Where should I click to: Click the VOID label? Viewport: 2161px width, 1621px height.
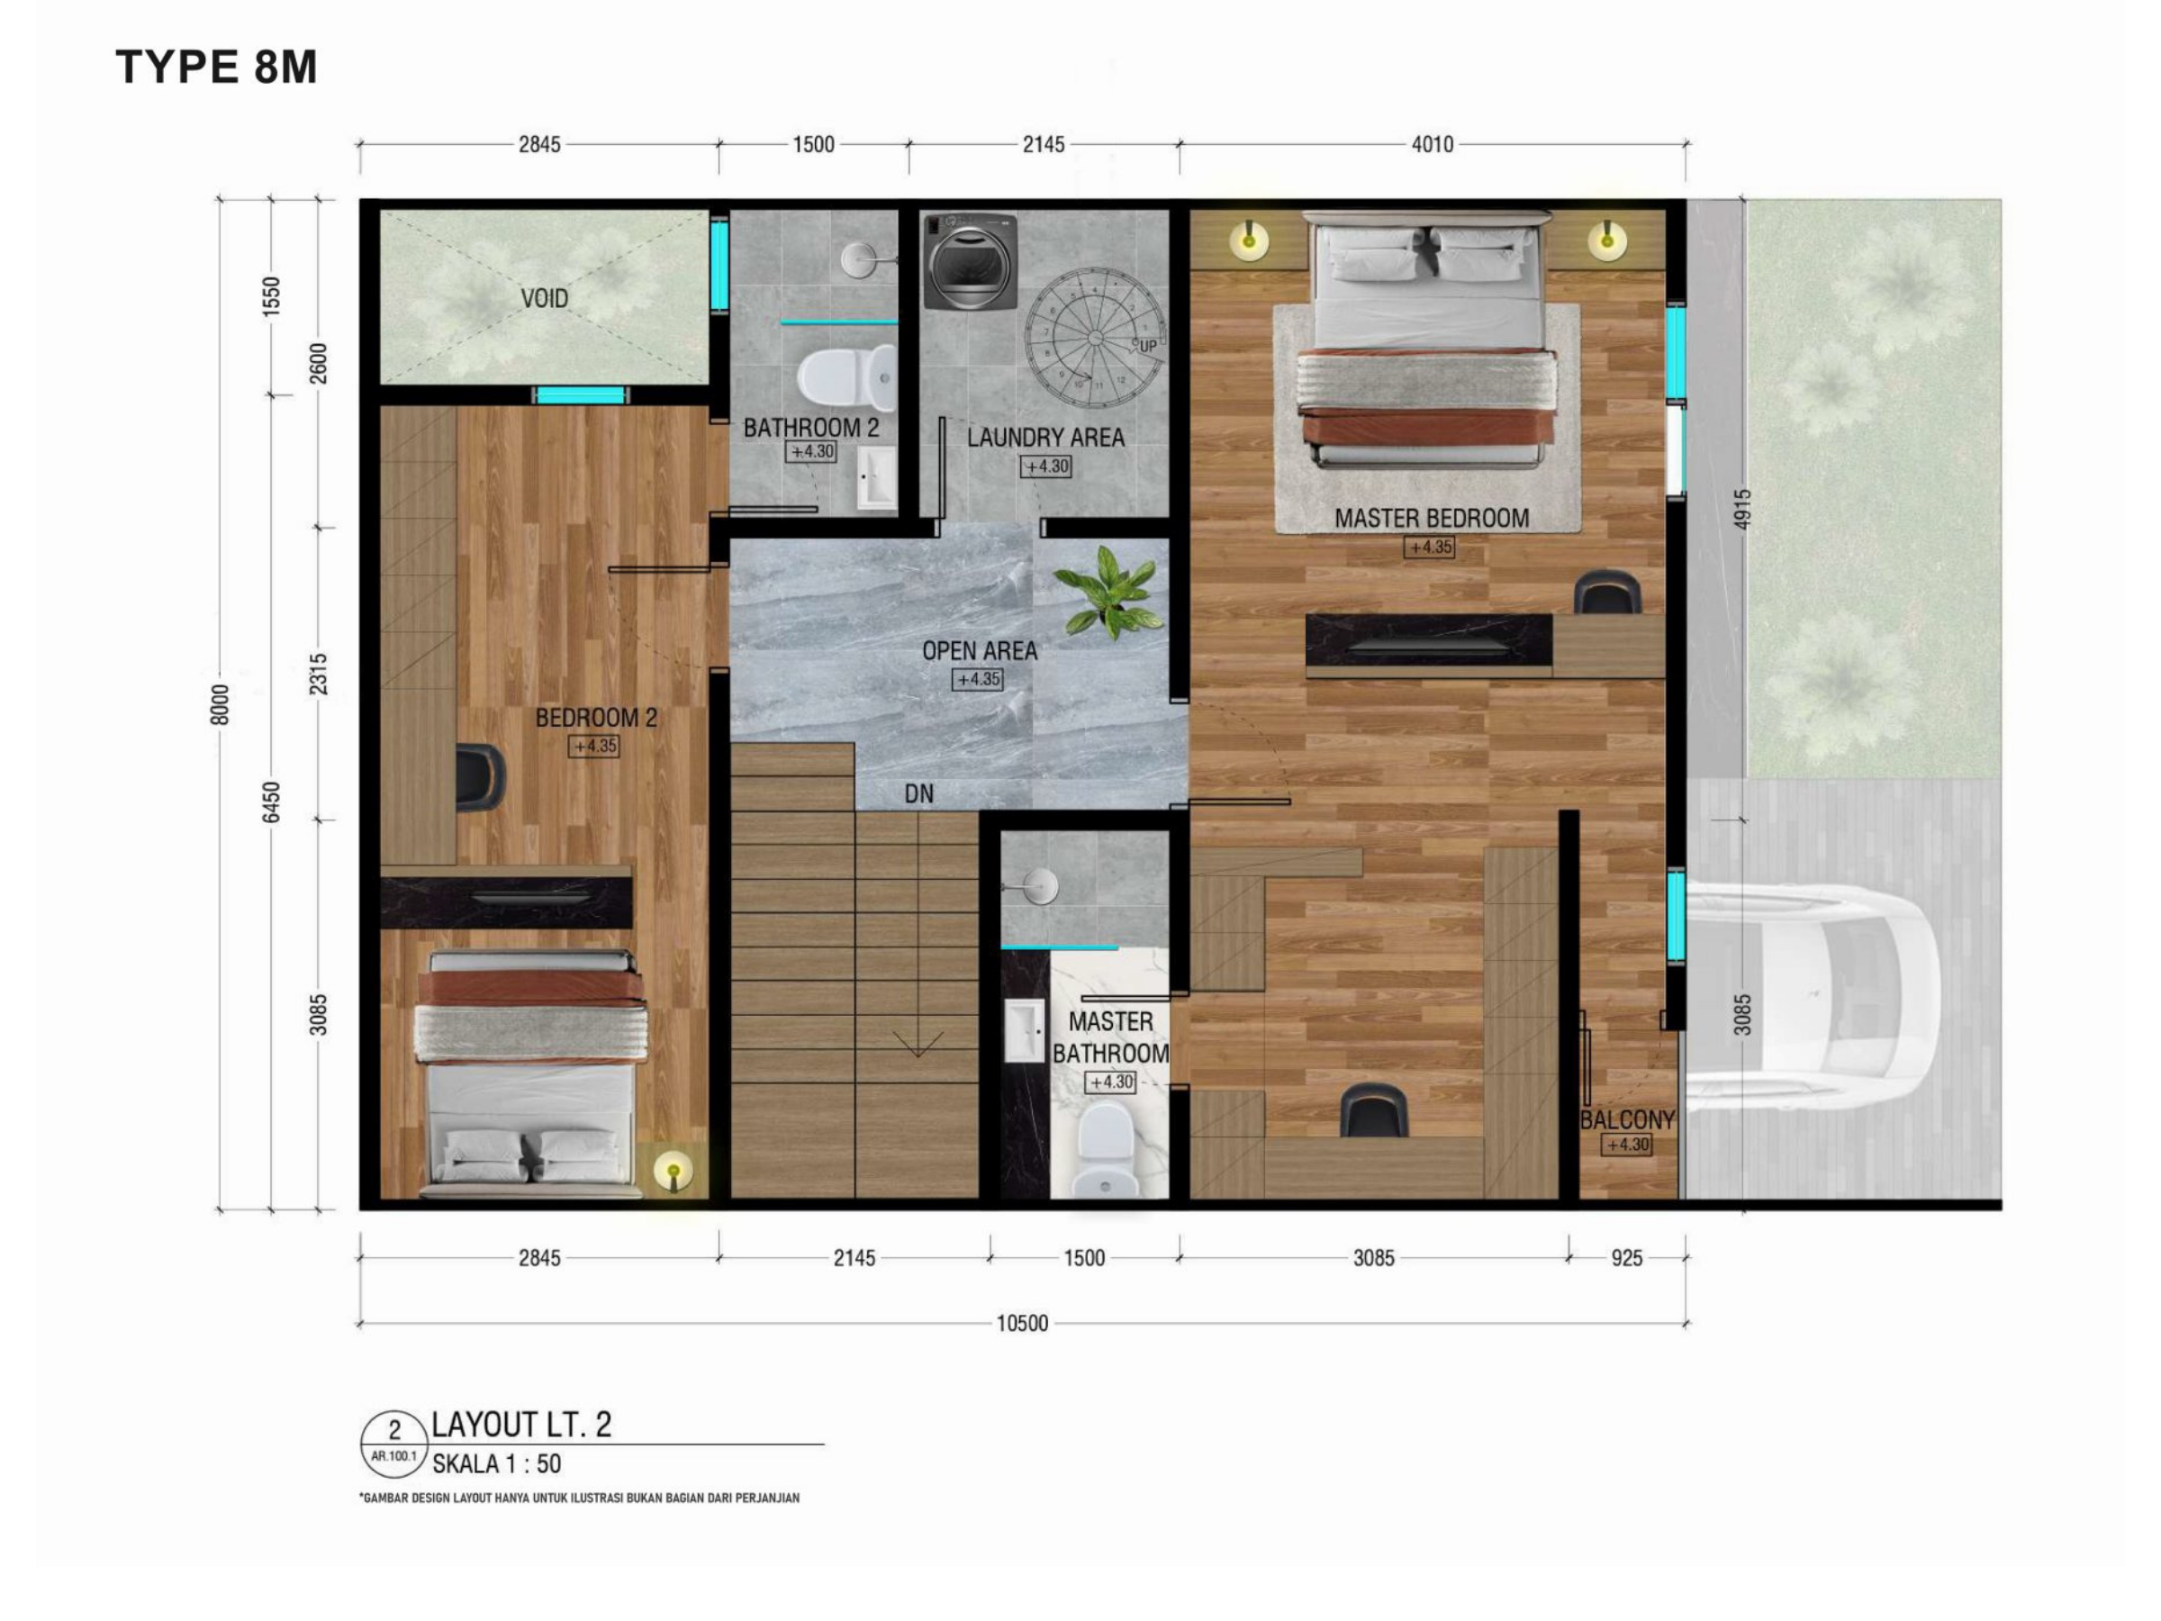pyautogui.click(x=544, y=298)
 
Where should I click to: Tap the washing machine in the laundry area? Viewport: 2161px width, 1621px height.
pyautogui.click(x=971, y=261)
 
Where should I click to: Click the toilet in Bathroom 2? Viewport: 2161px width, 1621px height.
pyautogui.click(x=846, y=377)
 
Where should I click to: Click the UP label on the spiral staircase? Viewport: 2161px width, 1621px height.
pyautogui.click(x=1148, y=346)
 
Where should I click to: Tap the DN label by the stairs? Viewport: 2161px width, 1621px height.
pyautogui.click(x=918, y=793)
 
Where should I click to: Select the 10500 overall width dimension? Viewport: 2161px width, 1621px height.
pyautogui.click(x=1022, y=1323)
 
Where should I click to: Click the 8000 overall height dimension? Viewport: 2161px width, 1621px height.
pyautogui.click(x=220, y=704)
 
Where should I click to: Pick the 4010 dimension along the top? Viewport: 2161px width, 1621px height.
pyautogui.click(x=1433, y=145)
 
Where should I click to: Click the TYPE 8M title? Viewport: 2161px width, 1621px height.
pyautogui.click(x=217, y=68)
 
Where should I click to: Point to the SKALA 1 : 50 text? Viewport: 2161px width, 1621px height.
pyautogui.click(x=496, y=1463)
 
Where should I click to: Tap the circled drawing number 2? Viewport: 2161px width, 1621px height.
pyautogui.click(x=393, y=1430)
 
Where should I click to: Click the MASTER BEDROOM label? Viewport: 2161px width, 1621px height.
pyautogui.click(x=1432, y=519)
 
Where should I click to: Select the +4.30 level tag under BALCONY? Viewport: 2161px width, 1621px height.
pyautogui.click(x=1627, y=1146)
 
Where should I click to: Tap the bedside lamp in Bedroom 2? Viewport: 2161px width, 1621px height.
pyautogui.click(x=672, y=1169)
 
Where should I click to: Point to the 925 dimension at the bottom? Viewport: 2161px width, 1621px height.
pyautogui.click(x=1627, y=1258)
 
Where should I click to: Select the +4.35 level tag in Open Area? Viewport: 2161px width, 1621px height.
pyautogui.click(x=977, y=679)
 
